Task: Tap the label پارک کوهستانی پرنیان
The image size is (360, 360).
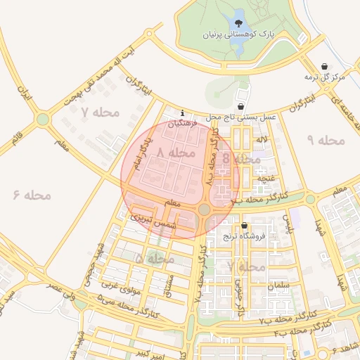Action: [x=235, y=34]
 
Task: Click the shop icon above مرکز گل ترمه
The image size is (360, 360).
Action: [x=324, y=66]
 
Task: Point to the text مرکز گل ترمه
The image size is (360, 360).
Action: [x=324, y=77]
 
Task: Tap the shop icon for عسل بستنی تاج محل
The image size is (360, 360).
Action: [x=242, y=107]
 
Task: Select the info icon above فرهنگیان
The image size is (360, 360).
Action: [x=183, y=112]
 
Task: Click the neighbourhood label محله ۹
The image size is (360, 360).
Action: [x=327, y=140]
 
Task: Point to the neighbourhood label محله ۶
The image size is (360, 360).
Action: [x=32, y=194]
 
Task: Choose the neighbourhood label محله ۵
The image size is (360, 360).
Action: [x=154, y=259]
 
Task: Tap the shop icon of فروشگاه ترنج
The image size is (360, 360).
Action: [x=244, y=226]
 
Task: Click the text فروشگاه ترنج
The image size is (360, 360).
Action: [x=244, y=237]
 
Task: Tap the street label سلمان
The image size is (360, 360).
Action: [x=278, y=286]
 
